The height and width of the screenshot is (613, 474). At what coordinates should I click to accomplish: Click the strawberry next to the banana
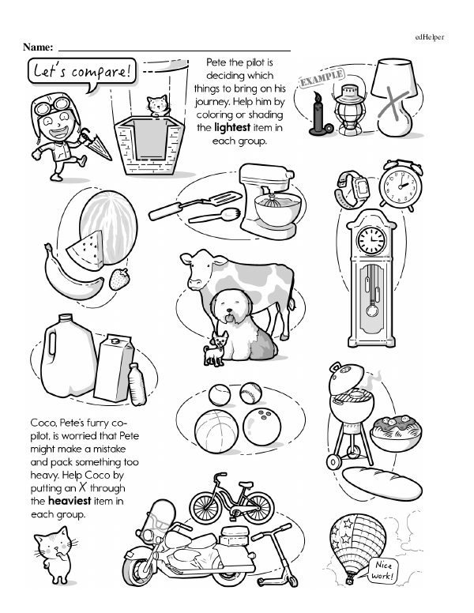[118, 279]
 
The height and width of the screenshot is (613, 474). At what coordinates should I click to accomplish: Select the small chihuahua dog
[215, 348]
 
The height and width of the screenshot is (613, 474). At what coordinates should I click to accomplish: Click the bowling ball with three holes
[262, 426]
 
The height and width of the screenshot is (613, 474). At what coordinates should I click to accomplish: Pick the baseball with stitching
[250, 393]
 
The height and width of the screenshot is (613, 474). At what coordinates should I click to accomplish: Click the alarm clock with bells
[400, 185]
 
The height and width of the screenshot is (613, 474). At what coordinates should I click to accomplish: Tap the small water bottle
[137, 384]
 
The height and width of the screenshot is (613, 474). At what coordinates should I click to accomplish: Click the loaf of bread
[382, 483]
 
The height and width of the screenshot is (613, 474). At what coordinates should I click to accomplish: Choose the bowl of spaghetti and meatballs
[396, 433]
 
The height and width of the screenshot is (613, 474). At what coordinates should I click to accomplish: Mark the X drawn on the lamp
[394, 104]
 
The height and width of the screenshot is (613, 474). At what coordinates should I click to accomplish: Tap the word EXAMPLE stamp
[322, 78]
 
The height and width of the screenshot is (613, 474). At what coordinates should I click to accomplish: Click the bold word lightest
[232, 128]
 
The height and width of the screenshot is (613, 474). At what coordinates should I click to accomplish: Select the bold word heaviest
[70, 501]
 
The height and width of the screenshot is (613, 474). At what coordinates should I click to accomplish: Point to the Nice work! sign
[382, 570]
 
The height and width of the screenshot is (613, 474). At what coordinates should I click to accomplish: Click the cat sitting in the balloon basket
[157, 106]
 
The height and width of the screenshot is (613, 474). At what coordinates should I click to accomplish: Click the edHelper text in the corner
[430, 37]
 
